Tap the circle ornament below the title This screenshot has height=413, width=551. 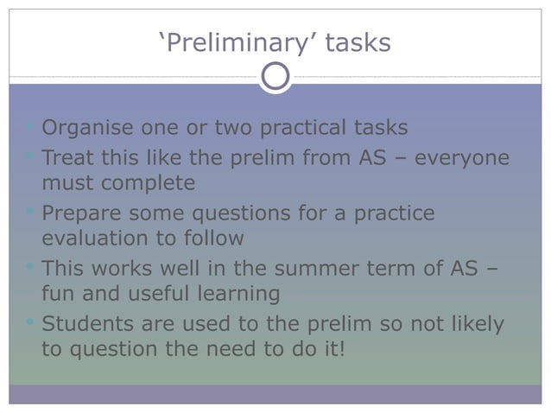[275, 77]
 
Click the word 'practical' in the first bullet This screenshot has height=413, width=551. [301, 129]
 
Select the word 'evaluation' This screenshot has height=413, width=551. [94, 238]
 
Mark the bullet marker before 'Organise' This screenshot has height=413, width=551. [32, 128]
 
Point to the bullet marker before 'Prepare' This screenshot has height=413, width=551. [32, 212]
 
